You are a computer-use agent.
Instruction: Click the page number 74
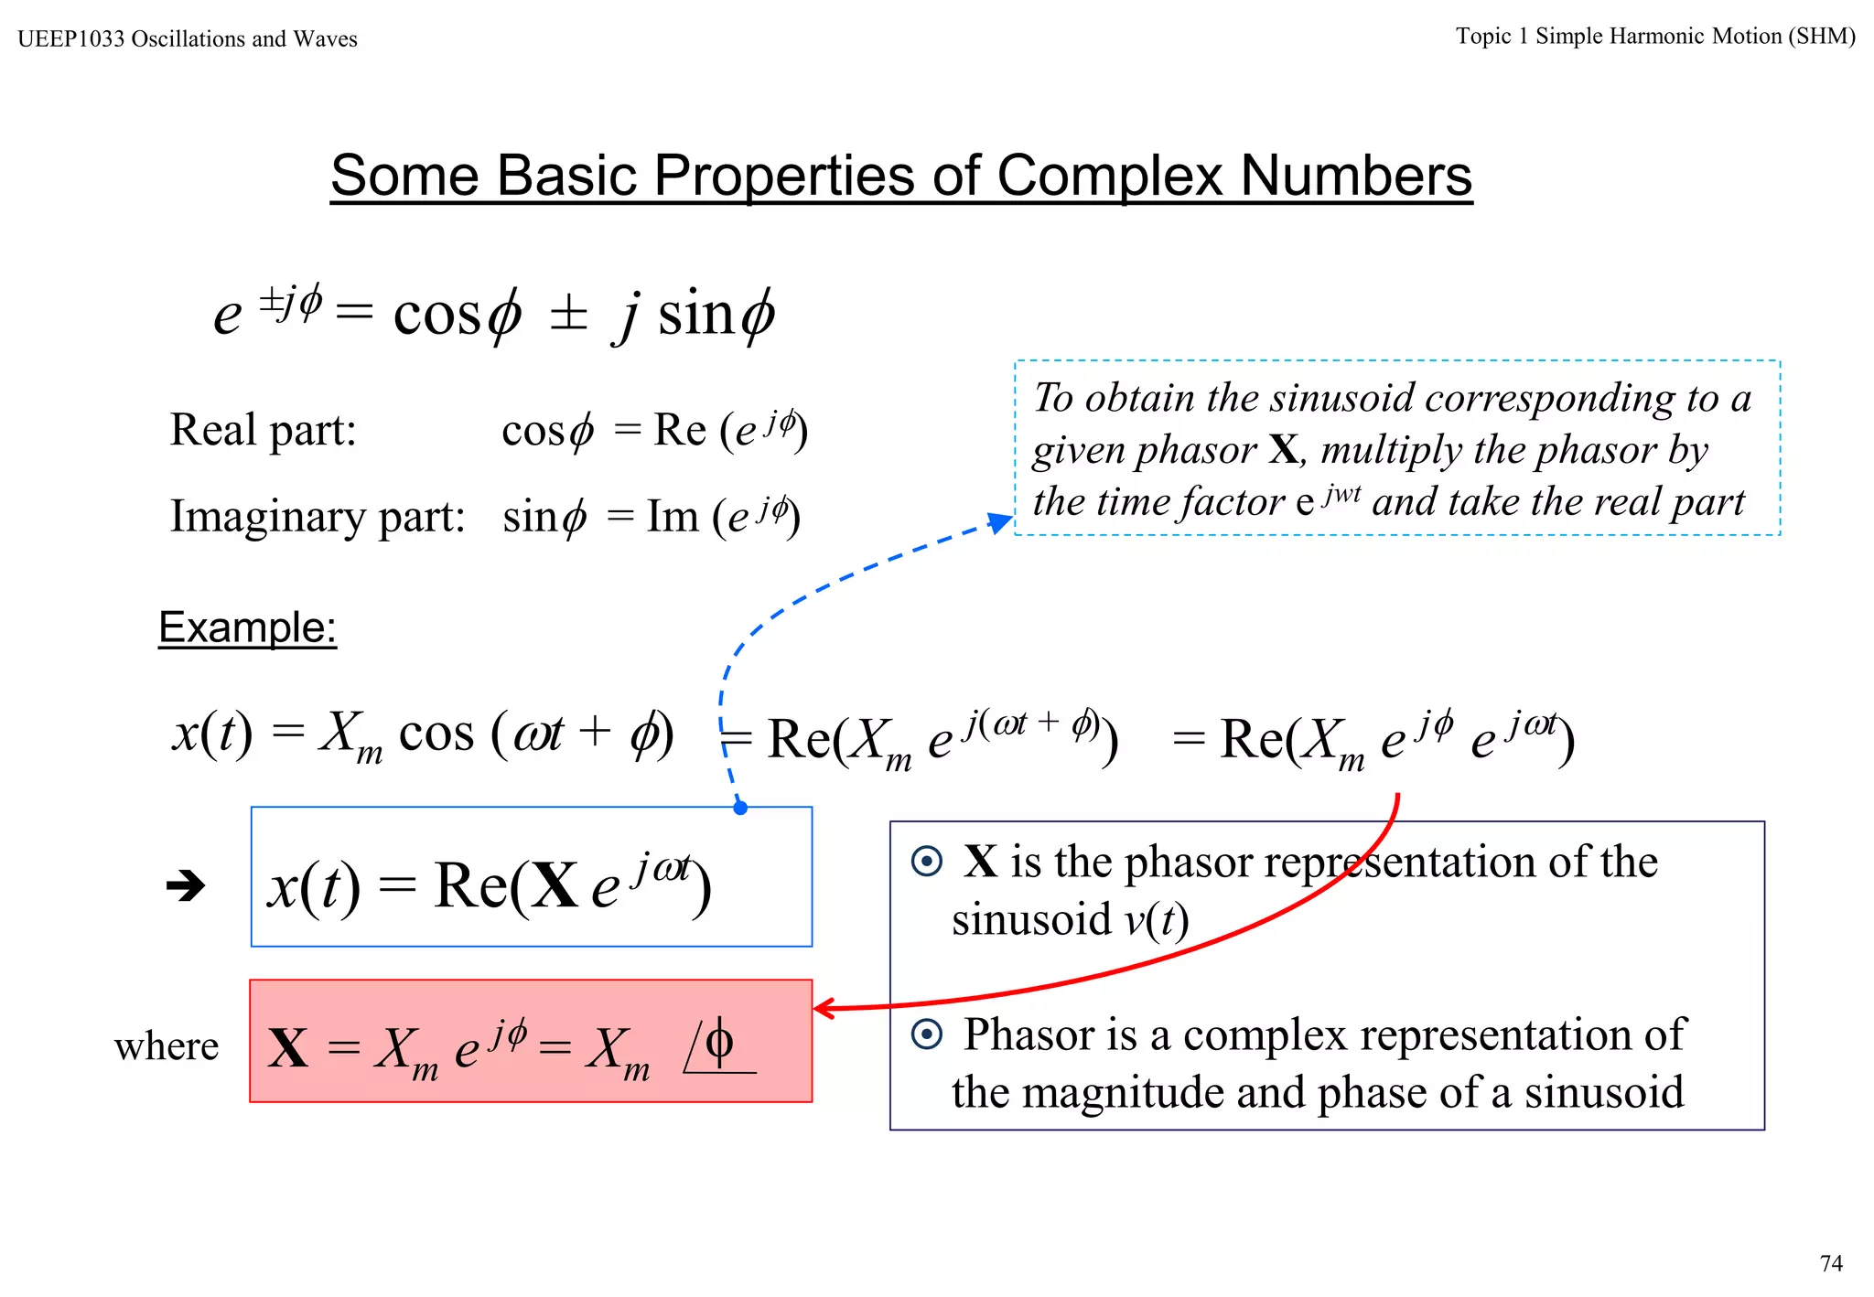pyautogui.click(x=1830, y=1263)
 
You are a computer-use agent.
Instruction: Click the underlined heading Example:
pyautogui.click(x=247, y=627)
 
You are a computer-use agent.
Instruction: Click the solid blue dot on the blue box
pyautogui.click(x=740, y=808)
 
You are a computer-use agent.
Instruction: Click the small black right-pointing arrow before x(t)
pyautogui.click(x=186, y=885)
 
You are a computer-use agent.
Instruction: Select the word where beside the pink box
pyautogui.click(x=167, y=1046)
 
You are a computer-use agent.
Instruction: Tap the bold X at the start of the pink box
pyautogui.click(x=288, y=1048)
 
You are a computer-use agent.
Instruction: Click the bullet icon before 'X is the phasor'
pyautogui.click(x=926, y=862)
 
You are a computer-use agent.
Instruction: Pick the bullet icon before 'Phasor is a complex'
pyautogui.click(x=926, y=1034)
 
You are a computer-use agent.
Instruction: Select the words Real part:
pyautogui.click(x=264, y=430)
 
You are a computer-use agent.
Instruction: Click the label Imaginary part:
pyautogui.click(x=318, y=517)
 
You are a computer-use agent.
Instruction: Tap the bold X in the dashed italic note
pyautogui.click(x=1283, y=450)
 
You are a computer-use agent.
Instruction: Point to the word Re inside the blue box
pyautogui.click(x=470, y=885)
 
